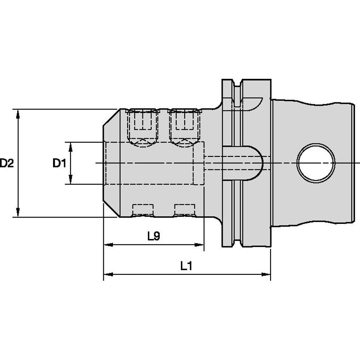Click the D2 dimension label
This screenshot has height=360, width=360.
tap(7, 163)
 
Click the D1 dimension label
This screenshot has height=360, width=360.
tap(59, 163)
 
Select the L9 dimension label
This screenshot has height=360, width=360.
tap(154, 236)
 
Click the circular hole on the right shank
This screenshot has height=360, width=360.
tap(316, 163)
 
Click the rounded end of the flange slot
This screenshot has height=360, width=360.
tap(258, 162)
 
